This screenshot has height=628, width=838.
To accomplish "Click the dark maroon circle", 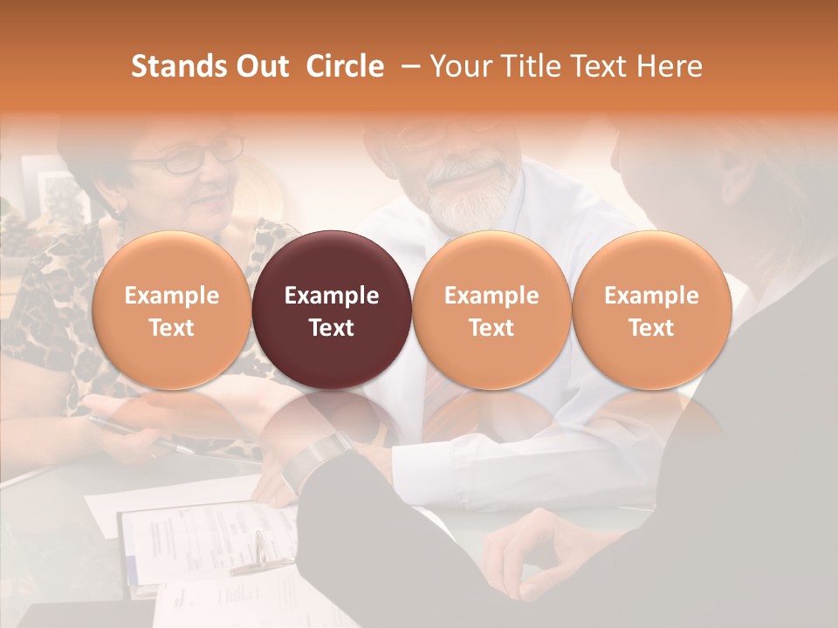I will pyautogui.click(x=332, y=310).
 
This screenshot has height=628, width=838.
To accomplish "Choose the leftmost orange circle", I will pyautogui.click(x=171, y=310).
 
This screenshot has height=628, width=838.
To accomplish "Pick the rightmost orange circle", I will pyautogui.click(x=651, y=310).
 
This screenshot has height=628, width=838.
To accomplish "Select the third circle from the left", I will pyautogui.click(x=491, y=310).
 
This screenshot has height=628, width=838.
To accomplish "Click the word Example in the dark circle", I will pyautogui.click(x=332, y=296).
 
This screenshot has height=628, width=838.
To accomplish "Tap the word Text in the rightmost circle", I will pyautogui.click(x=651, y=328).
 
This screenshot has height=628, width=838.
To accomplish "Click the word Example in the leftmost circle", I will pyautogui.click(x=171, y=296).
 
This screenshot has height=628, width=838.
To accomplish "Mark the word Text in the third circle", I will pyautogui.click(x=491, y=328).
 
